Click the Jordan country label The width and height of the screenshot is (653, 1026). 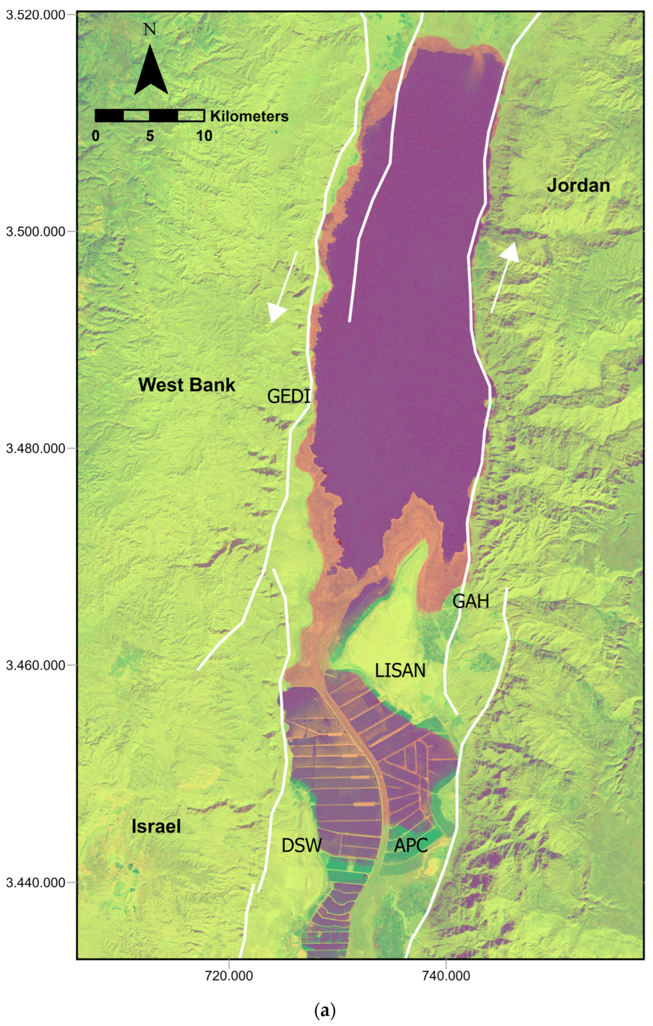[x=578, y=186]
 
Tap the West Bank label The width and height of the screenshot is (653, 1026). [x=187, y=385]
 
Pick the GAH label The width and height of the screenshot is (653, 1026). [x=471, y=602]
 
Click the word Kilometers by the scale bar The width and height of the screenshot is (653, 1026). [x=249, y=116]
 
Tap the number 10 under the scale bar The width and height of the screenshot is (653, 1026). [x=204, y=136]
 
